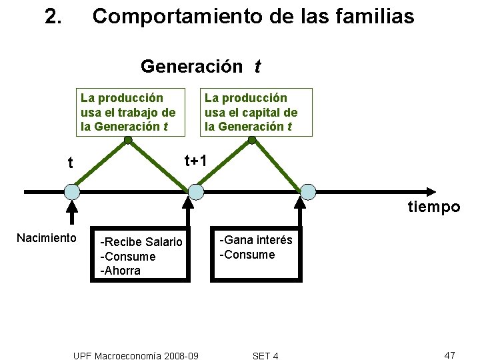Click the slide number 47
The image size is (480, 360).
tap(449, 355)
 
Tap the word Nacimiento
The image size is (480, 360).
tap(47, 238)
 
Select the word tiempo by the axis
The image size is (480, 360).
tap(434, 207)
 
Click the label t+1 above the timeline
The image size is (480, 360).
tap(195, 160)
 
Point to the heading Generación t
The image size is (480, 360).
tap(201, 67)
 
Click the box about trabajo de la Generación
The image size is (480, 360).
tap(128, 112)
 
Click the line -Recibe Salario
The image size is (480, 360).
tap(141, 242)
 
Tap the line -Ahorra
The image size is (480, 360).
tap(120, 271)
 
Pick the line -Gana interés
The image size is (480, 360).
tap(257, 240)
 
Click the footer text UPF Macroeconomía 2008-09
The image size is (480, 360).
tap(135, 356)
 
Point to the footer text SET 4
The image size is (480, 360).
tap(266, 356)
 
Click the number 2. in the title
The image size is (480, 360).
tap(53, 16)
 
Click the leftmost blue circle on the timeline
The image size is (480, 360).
tap(71, 192)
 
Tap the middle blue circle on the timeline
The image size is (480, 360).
tap(195, 192)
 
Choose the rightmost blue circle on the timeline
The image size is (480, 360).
tap(308, 192)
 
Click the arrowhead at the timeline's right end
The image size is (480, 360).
tap(454, 192)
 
